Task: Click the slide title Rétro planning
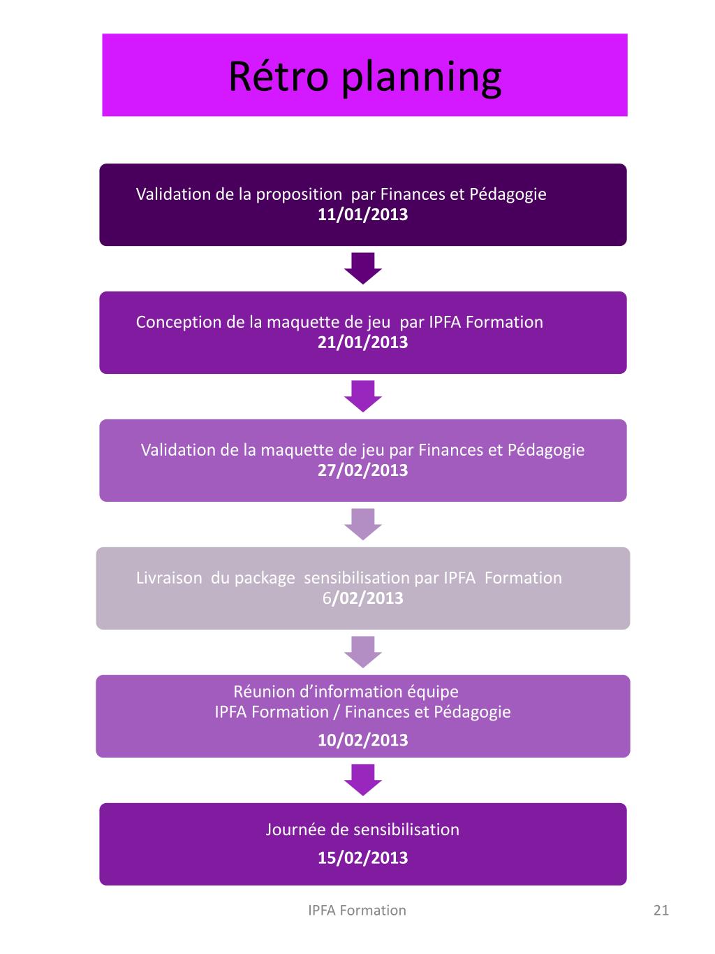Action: pos(364,77)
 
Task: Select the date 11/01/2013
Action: pos(362,215)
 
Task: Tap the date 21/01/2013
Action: pos(362,342)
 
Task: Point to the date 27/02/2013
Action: pos(362,470)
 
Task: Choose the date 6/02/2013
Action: pos(362,598)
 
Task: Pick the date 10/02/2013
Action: pos(362,740)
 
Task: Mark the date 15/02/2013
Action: pos(362,858)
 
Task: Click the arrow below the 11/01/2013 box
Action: pos(363,268)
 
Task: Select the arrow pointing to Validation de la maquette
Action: pos(363,396)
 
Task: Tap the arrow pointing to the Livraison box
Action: pos(363,523)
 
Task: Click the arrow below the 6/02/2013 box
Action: pos(363,651)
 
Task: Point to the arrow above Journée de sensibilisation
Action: pos(363,779)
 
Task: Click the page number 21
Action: pos(661,910)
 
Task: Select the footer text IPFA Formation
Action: pos(357,910)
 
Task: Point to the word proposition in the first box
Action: pos(299,194)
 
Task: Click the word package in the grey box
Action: pos(265,579)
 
